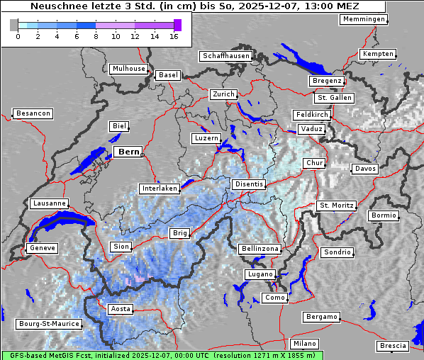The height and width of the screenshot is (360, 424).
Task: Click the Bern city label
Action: click(x=128, y=152)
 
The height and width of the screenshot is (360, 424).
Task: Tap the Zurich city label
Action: click(x=223, y=94)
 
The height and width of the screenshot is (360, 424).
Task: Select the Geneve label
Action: click(x=41, y=248)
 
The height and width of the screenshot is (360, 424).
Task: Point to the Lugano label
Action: click(x=260, y=274)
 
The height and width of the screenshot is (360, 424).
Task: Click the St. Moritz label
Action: click(x=336, y=206)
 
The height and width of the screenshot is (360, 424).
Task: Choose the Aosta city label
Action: click(x=120, y=309)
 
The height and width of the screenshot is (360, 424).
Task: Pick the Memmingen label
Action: click(x=364, y=19)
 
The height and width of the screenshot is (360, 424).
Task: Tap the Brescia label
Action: click(x=393, y=346)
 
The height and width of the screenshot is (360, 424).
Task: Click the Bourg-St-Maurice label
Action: click(x=49, y=324)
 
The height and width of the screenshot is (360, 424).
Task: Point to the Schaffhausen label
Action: click(x=225, y=55)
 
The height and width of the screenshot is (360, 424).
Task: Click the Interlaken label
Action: click(x=160, y=189)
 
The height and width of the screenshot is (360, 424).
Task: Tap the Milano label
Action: click(x=305, y=343)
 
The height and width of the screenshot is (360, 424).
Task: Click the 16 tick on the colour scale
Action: click(x=174, y=35)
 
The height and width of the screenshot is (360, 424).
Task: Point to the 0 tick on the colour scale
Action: click(x=18, y=35)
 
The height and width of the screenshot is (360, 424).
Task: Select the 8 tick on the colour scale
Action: click(x=96, y=35)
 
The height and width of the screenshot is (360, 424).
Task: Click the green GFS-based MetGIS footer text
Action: click(x=162, y=355)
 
